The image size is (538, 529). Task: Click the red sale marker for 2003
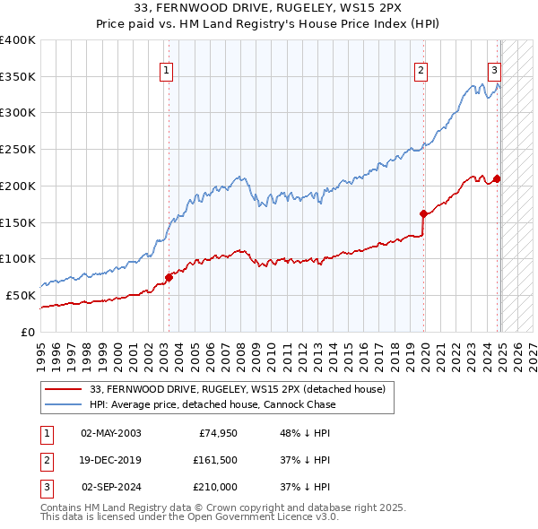pyautogui.click(x=169, y=277)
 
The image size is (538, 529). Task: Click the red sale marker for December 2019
pyautogui.click(x=422, y=213)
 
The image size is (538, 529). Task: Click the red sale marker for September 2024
pyautogui.click(x=497, y=178)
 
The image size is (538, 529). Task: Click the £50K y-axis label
pyautogui.click(x=21, y=295)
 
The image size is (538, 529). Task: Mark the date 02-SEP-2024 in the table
pyautogui.click(x=110, y=489)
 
